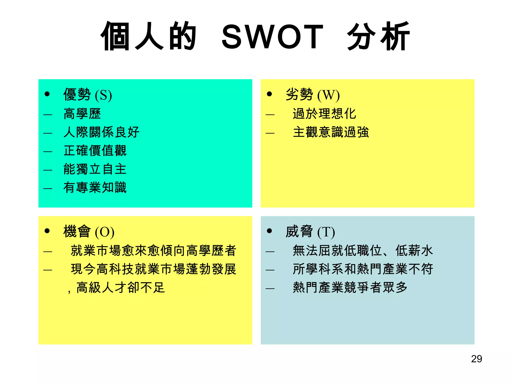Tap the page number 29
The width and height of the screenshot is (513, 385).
[x=476, y=359]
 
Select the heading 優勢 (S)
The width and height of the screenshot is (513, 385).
[x=87, y=95]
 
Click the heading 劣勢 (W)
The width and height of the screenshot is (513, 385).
[x=312, y=95]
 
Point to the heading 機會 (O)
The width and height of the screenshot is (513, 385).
[x=89, y=232]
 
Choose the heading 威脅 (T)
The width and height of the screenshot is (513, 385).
[x=310, y=232]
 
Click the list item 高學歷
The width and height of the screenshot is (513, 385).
[x=82, y=114]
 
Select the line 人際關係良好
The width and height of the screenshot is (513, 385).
[x=101, y=132]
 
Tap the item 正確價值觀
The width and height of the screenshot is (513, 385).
[x=95, y=151]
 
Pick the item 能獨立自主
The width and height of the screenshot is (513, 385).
[x=95, y=169]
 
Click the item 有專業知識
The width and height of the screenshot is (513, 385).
[x=95, y=187]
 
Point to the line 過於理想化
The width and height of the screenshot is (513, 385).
[x=324, y=114]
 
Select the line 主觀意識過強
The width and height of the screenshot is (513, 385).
[x=331, y=132]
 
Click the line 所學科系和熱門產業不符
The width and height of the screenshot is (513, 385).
[x=363, y=269]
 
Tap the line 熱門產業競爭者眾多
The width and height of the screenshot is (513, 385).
[x=350, y=287]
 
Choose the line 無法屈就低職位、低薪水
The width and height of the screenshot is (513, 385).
[x=363, y=251]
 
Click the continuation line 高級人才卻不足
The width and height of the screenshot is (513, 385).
[x=120, y=287]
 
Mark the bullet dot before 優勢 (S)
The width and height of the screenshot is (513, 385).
[x=47, y=94]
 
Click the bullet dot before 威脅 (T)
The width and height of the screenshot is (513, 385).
[x=270, y=231]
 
